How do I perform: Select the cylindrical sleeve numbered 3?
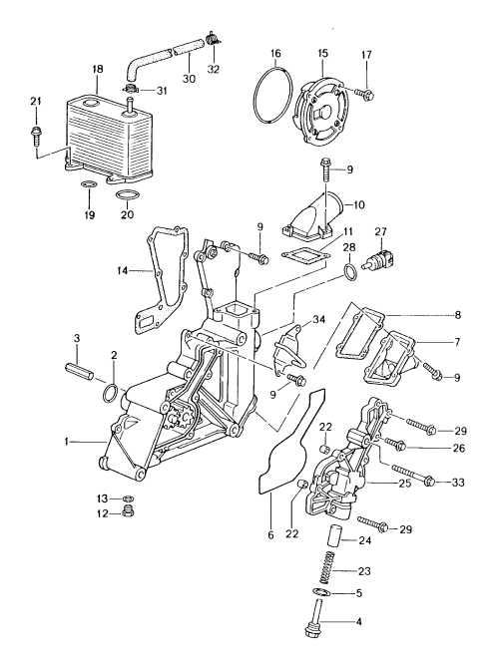point(80,372)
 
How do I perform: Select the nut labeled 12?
point(128,513)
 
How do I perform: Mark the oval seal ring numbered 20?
point(128,193)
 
